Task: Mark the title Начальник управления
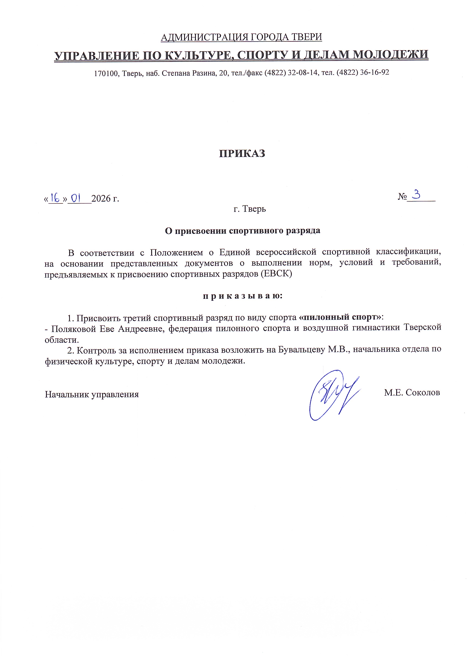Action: [92, 394]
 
